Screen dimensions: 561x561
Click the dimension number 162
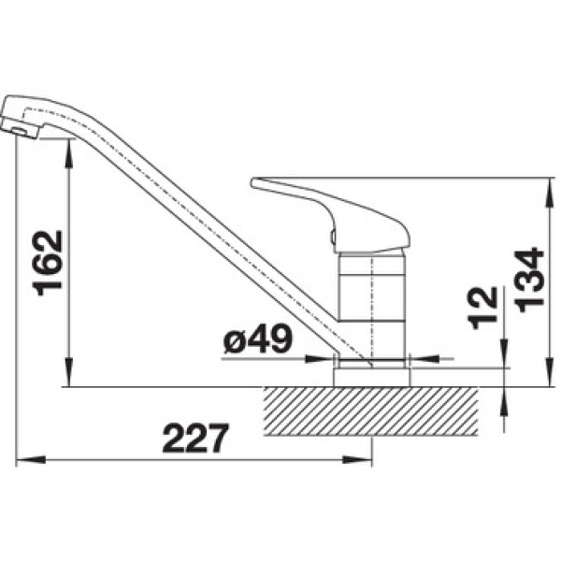[x=48, y=263]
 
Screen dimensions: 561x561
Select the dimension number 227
[x=195, y=438]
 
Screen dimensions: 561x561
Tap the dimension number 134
[x=529, y=280]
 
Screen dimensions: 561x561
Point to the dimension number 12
[x=483, y=308]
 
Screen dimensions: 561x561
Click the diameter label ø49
[x=258, y=338]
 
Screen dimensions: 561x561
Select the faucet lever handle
[x=330, y=214]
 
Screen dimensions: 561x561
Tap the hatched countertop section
[x=370, y=411]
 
